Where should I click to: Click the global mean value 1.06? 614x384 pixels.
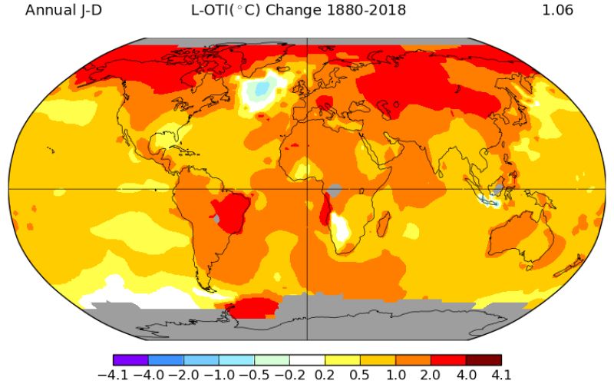click(558, 10)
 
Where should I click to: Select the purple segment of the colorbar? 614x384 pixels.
click(130, 359)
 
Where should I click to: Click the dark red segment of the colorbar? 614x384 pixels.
click(484, 359)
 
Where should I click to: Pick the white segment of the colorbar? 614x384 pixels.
click(307, 359)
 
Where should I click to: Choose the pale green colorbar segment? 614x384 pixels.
click(272, 359)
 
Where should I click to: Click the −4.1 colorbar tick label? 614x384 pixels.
click(114, 375)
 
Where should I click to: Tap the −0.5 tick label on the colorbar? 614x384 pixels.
click(254, 375)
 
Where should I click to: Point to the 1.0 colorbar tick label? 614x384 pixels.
click(396, 375)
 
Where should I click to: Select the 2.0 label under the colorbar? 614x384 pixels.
click(431, 375)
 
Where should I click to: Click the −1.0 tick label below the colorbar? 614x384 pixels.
click(219, 375)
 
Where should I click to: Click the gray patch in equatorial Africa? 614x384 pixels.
click(334, 188)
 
